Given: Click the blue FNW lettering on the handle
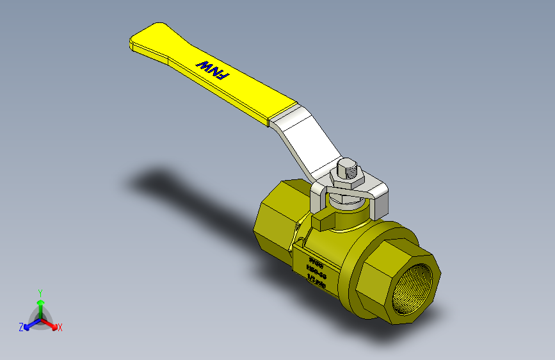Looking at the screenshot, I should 212,70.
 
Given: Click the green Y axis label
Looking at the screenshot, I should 40,291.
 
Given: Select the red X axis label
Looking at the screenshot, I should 60,327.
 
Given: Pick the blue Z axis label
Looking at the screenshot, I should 21,327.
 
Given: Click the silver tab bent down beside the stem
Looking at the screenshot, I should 378,202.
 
